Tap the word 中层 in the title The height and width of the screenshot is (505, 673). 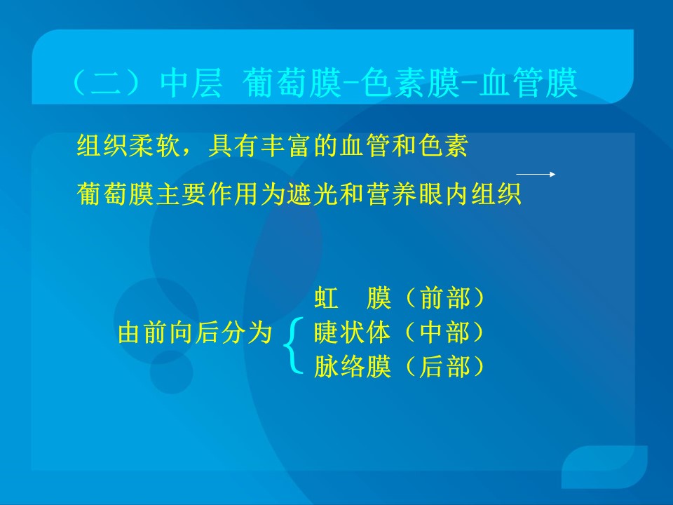click(191, 83)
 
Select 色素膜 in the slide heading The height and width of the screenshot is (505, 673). click(410, 83)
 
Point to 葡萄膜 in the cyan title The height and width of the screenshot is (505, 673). click(292, 83)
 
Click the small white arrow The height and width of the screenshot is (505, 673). click(536, 174)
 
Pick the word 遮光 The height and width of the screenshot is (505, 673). click(313, 194)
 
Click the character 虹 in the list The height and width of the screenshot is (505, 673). click(326, 297)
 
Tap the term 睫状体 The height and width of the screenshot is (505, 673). click(353, 332)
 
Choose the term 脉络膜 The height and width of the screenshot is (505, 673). click(353, 366)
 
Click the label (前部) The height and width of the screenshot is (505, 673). click(444, 297)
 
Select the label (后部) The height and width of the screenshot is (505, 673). click(444, 366)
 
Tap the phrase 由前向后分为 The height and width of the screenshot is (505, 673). click(196, 332)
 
